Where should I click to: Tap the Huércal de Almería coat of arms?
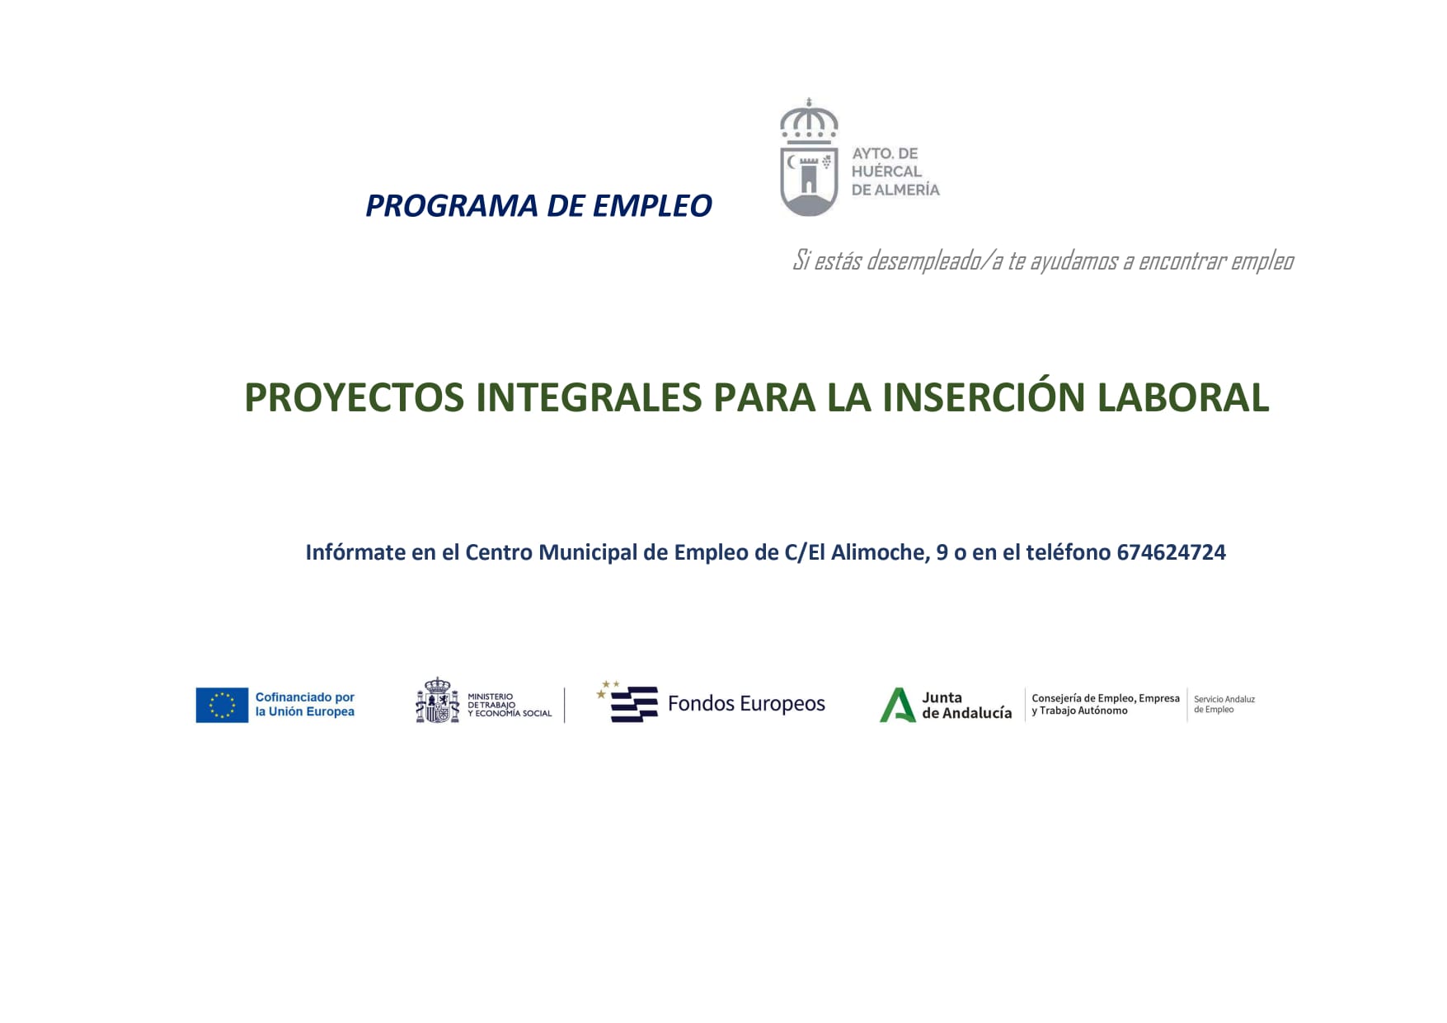pos(809,157)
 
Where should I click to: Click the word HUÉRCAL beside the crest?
pos(886,171)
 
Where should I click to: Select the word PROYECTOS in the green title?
pos(355,397)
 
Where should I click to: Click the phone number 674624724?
pos(1171,552)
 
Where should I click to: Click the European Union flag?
pos(222,705)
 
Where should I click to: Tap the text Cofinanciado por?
pos(305,697)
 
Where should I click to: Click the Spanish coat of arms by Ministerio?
pos(437,701)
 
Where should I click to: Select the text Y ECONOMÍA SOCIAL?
pos(510,714)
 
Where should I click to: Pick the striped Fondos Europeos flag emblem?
pos(629,702)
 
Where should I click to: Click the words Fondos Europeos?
pos(746,703)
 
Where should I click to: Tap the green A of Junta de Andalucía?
pos(897,705)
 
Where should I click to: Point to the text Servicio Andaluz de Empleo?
pos(1224,704)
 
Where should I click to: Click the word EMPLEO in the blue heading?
pos(652,206)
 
